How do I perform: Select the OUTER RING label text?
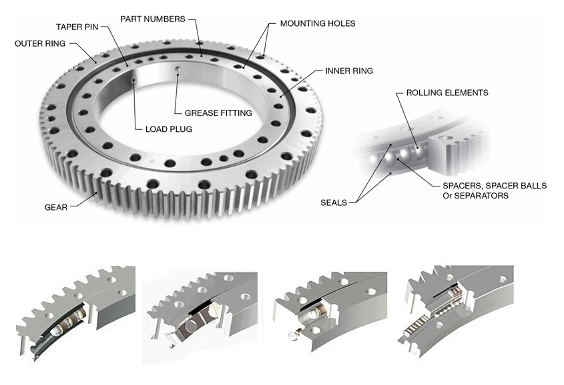coord(40,44)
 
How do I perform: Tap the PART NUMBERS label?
coord(152,19)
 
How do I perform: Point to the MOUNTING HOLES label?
coord(317,23)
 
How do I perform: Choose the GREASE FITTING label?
coord(218,113)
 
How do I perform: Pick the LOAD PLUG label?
coord(168,129)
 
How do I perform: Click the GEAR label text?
coord(56,207)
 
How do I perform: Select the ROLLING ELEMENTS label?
coord(447,93)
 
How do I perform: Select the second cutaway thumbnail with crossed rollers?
coord(200,313)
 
